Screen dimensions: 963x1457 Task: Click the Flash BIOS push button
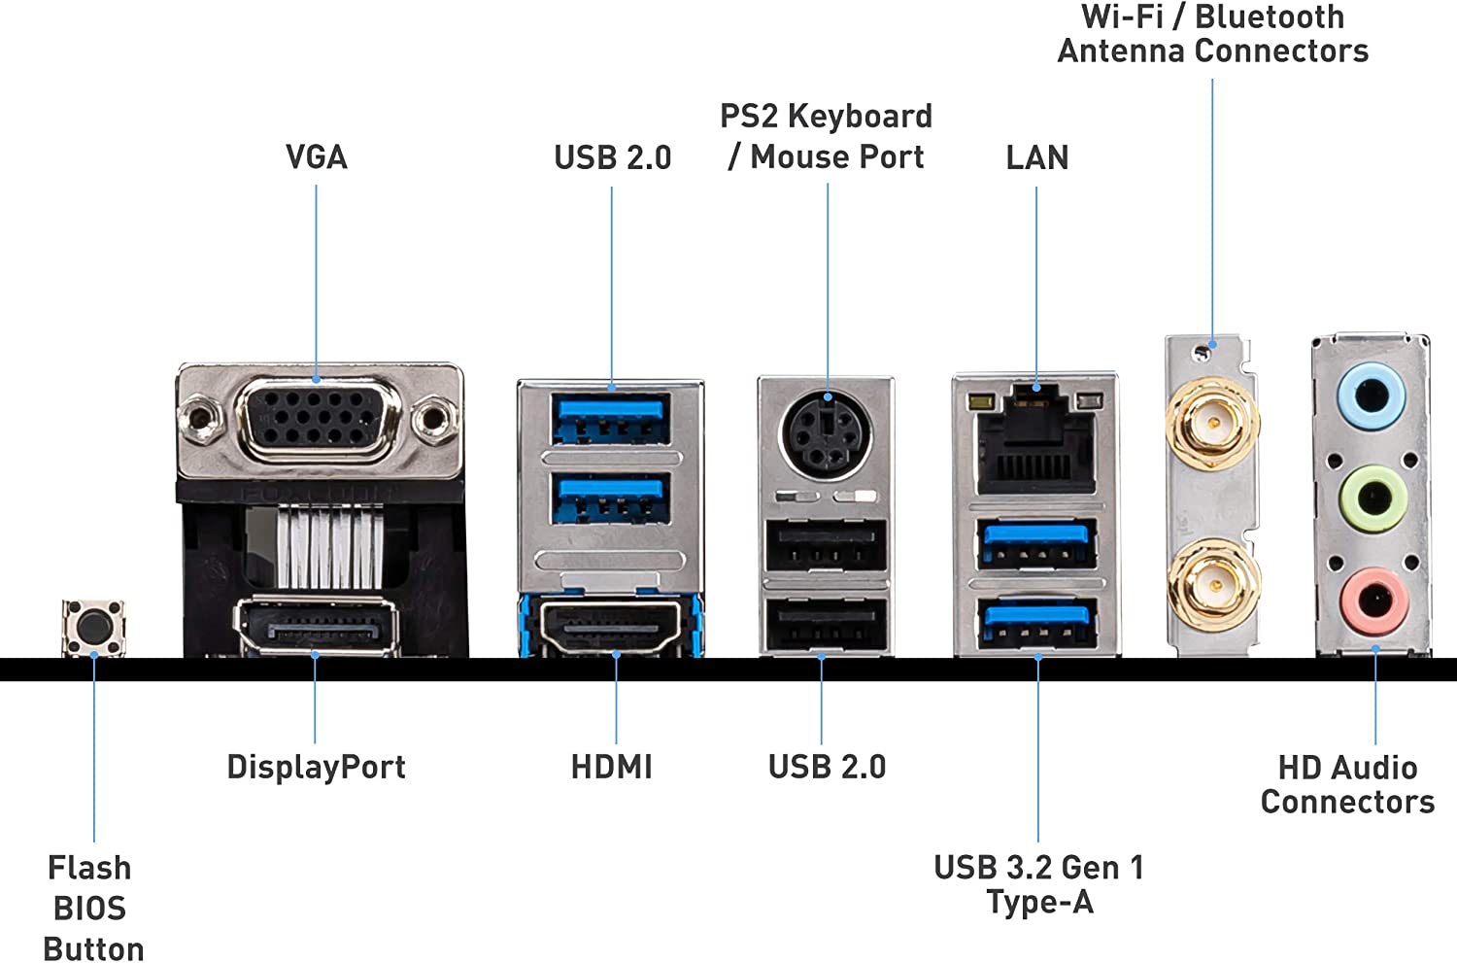tap(94, 627)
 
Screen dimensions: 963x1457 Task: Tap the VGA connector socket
tap(317, 418)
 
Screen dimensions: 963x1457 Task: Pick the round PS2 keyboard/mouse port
tap(827, 432)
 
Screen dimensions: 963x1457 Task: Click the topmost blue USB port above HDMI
tap(611, 417)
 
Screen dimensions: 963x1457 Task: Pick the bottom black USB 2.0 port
tap(826, 626)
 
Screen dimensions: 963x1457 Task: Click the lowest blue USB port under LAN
tap(1037, 624)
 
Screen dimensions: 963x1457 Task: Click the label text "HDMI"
tap(611, 767)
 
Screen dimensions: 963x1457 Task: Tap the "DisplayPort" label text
tap(316, 767)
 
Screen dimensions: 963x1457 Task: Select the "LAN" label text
tap(1036, 157)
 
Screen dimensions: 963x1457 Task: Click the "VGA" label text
tap(316, 157)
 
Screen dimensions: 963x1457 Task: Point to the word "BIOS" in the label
tap(89, 909)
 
